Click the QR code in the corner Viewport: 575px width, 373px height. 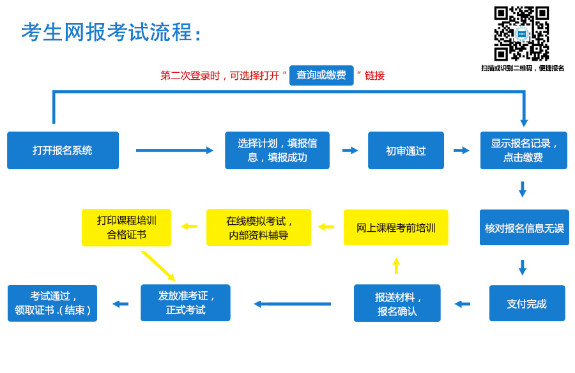click(521, 33)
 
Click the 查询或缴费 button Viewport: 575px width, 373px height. click(321, 75)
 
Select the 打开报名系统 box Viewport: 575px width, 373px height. click(63, 150)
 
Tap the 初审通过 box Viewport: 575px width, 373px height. click(406, 150)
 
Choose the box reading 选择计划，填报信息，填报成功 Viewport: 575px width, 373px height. click(277, 150)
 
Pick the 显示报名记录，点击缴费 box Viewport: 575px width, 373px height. click(524, 150)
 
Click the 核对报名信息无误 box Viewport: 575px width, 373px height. click(525, 227)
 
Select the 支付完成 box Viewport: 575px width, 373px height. click(527, 303)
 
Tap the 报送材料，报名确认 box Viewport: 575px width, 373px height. click(397, 303)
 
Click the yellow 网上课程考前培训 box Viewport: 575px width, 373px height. click(396, 227)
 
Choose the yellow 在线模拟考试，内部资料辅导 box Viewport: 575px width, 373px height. click(259, 227)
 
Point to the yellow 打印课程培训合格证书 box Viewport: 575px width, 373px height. click(126, 227)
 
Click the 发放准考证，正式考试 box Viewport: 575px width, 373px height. click(185, 303)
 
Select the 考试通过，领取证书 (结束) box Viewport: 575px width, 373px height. click(52, 303)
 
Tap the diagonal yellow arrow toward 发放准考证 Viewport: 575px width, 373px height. click(158, 266)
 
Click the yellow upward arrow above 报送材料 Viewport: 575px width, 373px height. click(396, 266)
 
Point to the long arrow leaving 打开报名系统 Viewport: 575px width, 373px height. click(174, 150)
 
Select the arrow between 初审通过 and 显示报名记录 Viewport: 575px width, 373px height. click(461, 150)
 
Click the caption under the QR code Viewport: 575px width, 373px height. click(523, 68)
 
